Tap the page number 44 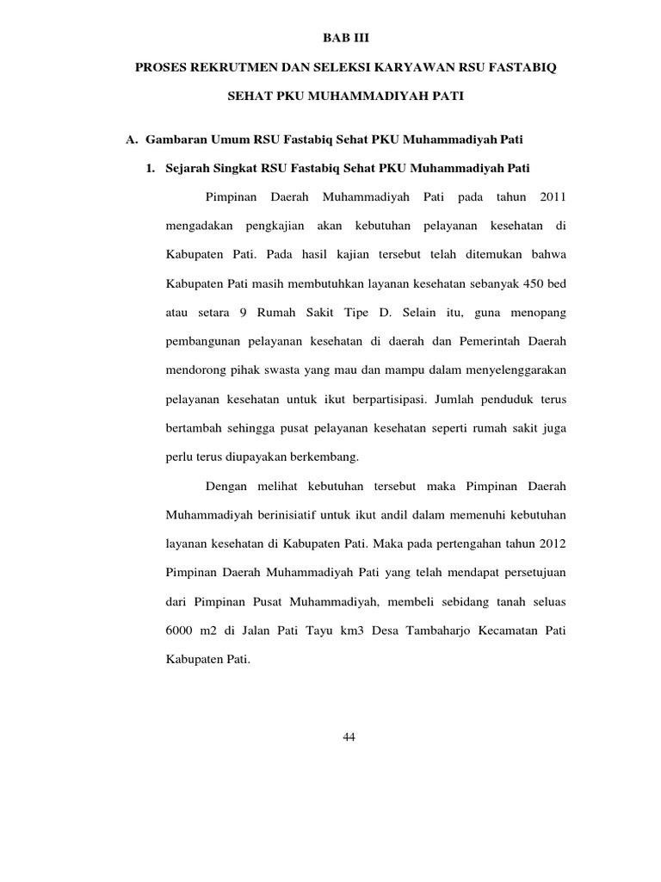(349, 737)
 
